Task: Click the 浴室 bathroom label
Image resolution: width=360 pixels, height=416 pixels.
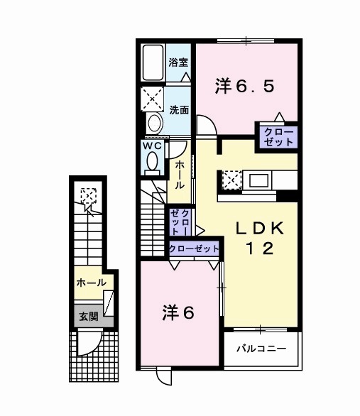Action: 178,62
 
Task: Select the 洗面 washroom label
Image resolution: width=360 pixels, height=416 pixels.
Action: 178,110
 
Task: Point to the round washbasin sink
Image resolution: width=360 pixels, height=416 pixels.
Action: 153,124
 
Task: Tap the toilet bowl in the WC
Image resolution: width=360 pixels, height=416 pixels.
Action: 152,163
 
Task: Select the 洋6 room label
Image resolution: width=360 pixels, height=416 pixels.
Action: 178,312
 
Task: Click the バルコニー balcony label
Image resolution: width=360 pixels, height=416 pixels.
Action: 261,349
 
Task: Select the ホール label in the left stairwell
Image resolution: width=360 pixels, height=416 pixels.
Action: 91,283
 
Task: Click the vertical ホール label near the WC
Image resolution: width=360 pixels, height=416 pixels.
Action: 180,174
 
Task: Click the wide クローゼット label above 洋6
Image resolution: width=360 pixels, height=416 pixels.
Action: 194,248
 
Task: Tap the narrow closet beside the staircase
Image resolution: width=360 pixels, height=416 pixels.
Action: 180,221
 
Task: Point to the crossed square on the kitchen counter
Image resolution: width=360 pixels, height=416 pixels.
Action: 232,180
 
